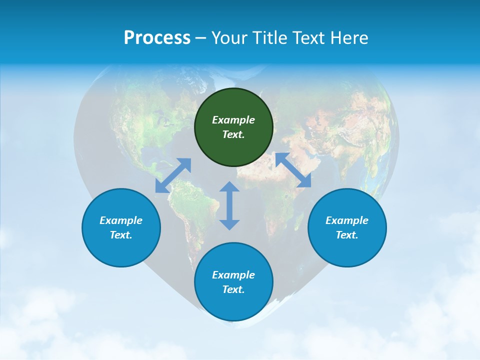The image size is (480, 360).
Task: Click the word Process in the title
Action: [x=157, y=38]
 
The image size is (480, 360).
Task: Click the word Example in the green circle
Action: [x=233, y=120]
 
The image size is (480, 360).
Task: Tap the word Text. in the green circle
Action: [x=233, y=134]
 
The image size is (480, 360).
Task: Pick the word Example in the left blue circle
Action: [x=121, y=220]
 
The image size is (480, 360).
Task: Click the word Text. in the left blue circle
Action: [x=121, y=235]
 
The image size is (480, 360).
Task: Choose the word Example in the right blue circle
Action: [x=347, y=220]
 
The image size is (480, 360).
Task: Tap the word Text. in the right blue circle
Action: [x=347, y=235]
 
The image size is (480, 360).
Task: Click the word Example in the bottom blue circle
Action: [x=233, y=275]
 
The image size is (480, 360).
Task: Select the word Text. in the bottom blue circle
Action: [x=233, y=289]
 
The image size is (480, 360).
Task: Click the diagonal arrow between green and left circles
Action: [x=173, y=175]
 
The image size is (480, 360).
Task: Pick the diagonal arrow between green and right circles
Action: [x=293, y=170]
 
